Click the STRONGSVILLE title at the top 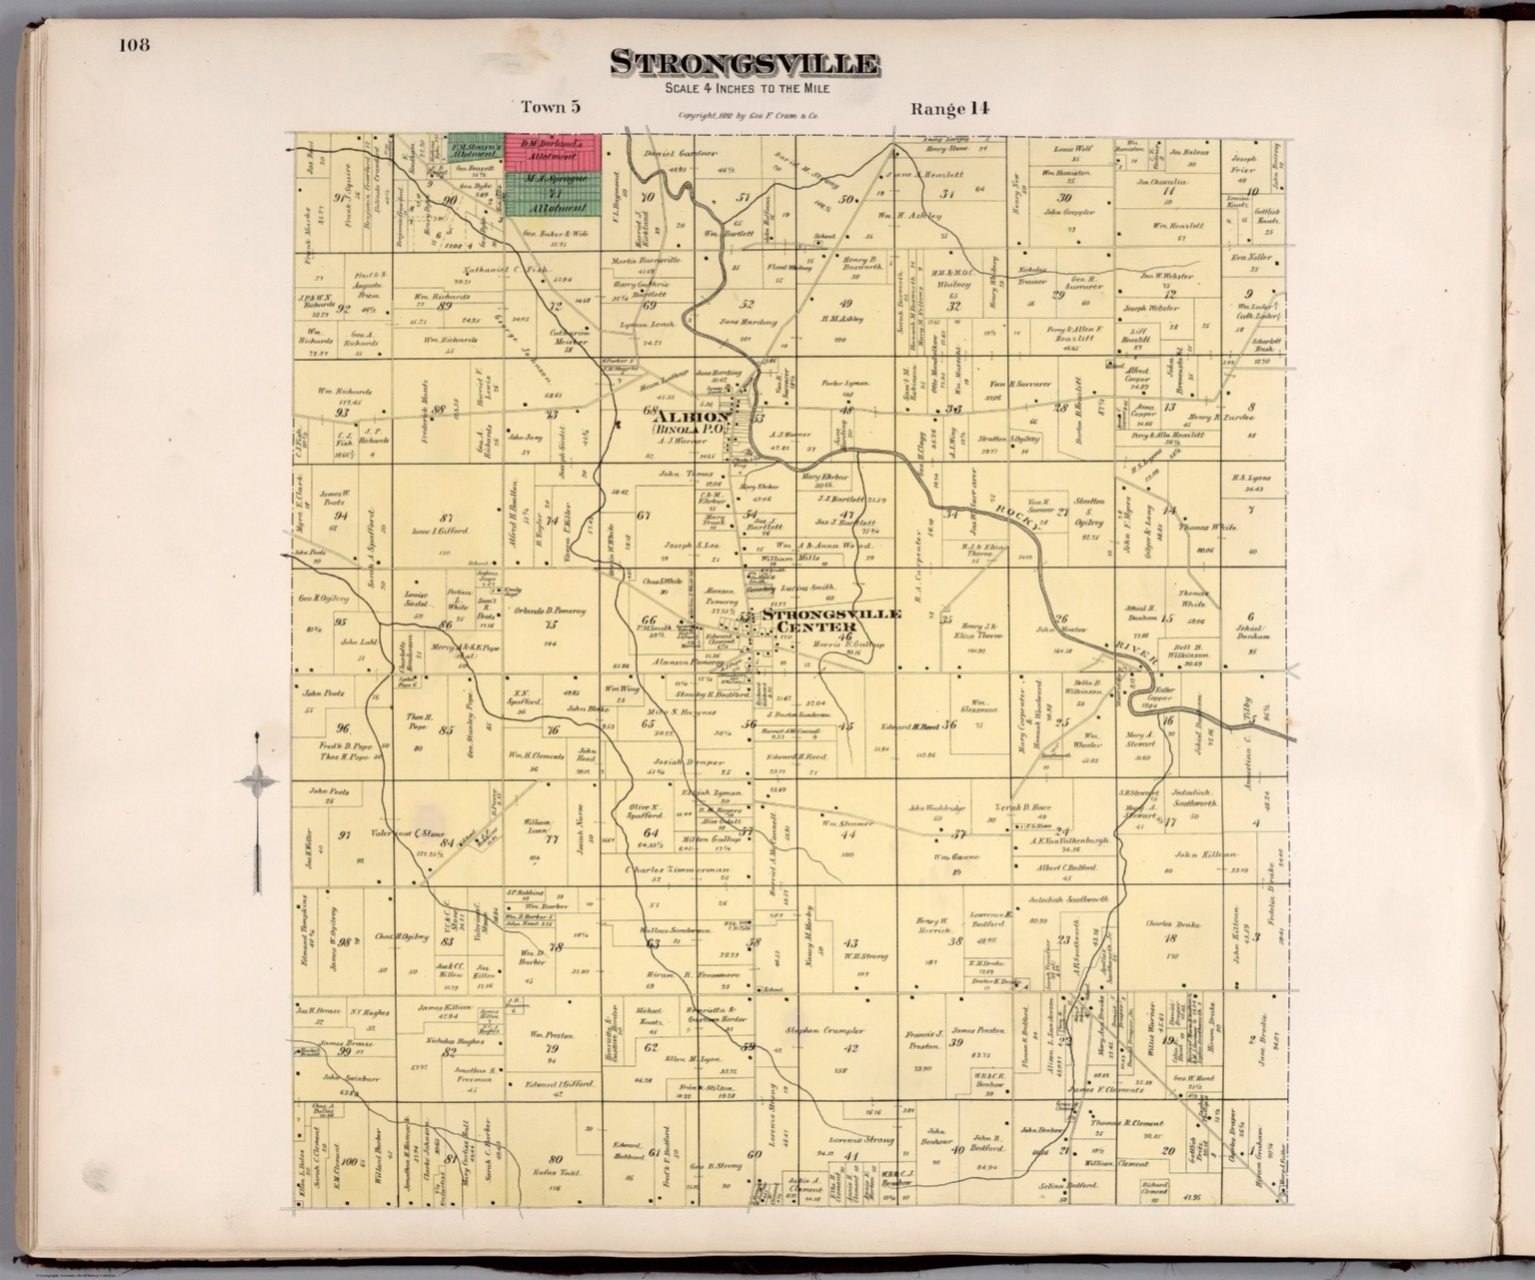click(745, 65)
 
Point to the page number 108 click(134, 44)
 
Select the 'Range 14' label click(949, 108)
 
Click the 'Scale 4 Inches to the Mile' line click(745, 90)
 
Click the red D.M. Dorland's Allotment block click(551, 149)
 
